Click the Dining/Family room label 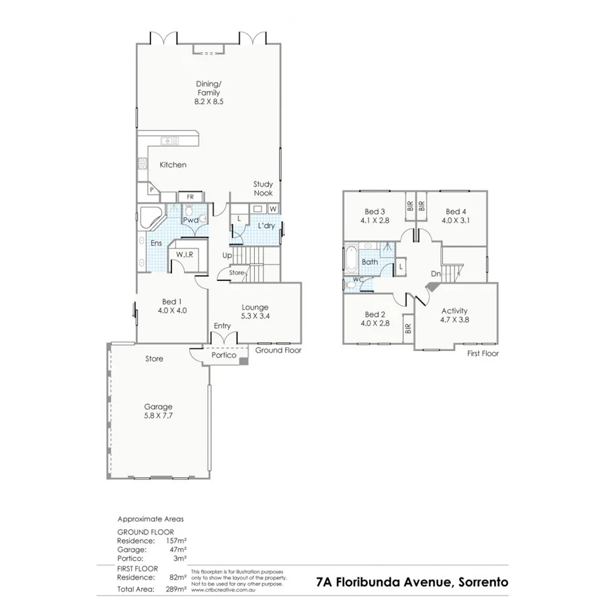coord(208,92)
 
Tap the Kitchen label coord(173,165)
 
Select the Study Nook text coord(263,188)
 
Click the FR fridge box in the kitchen coord(190,196)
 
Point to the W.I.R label coord(185,255)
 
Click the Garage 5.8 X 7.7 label coord(159,411)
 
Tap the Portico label coord(224,355)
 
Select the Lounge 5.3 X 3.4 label coord(255,311)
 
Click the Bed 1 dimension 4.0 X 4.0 coord(172,311)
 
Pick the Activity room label coord(454,315)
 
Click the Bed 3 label coord(374,215)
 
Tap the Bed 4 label coord(455,215)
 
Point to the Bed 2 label coord(374,319)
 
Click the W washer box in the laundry coord(274,209)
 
